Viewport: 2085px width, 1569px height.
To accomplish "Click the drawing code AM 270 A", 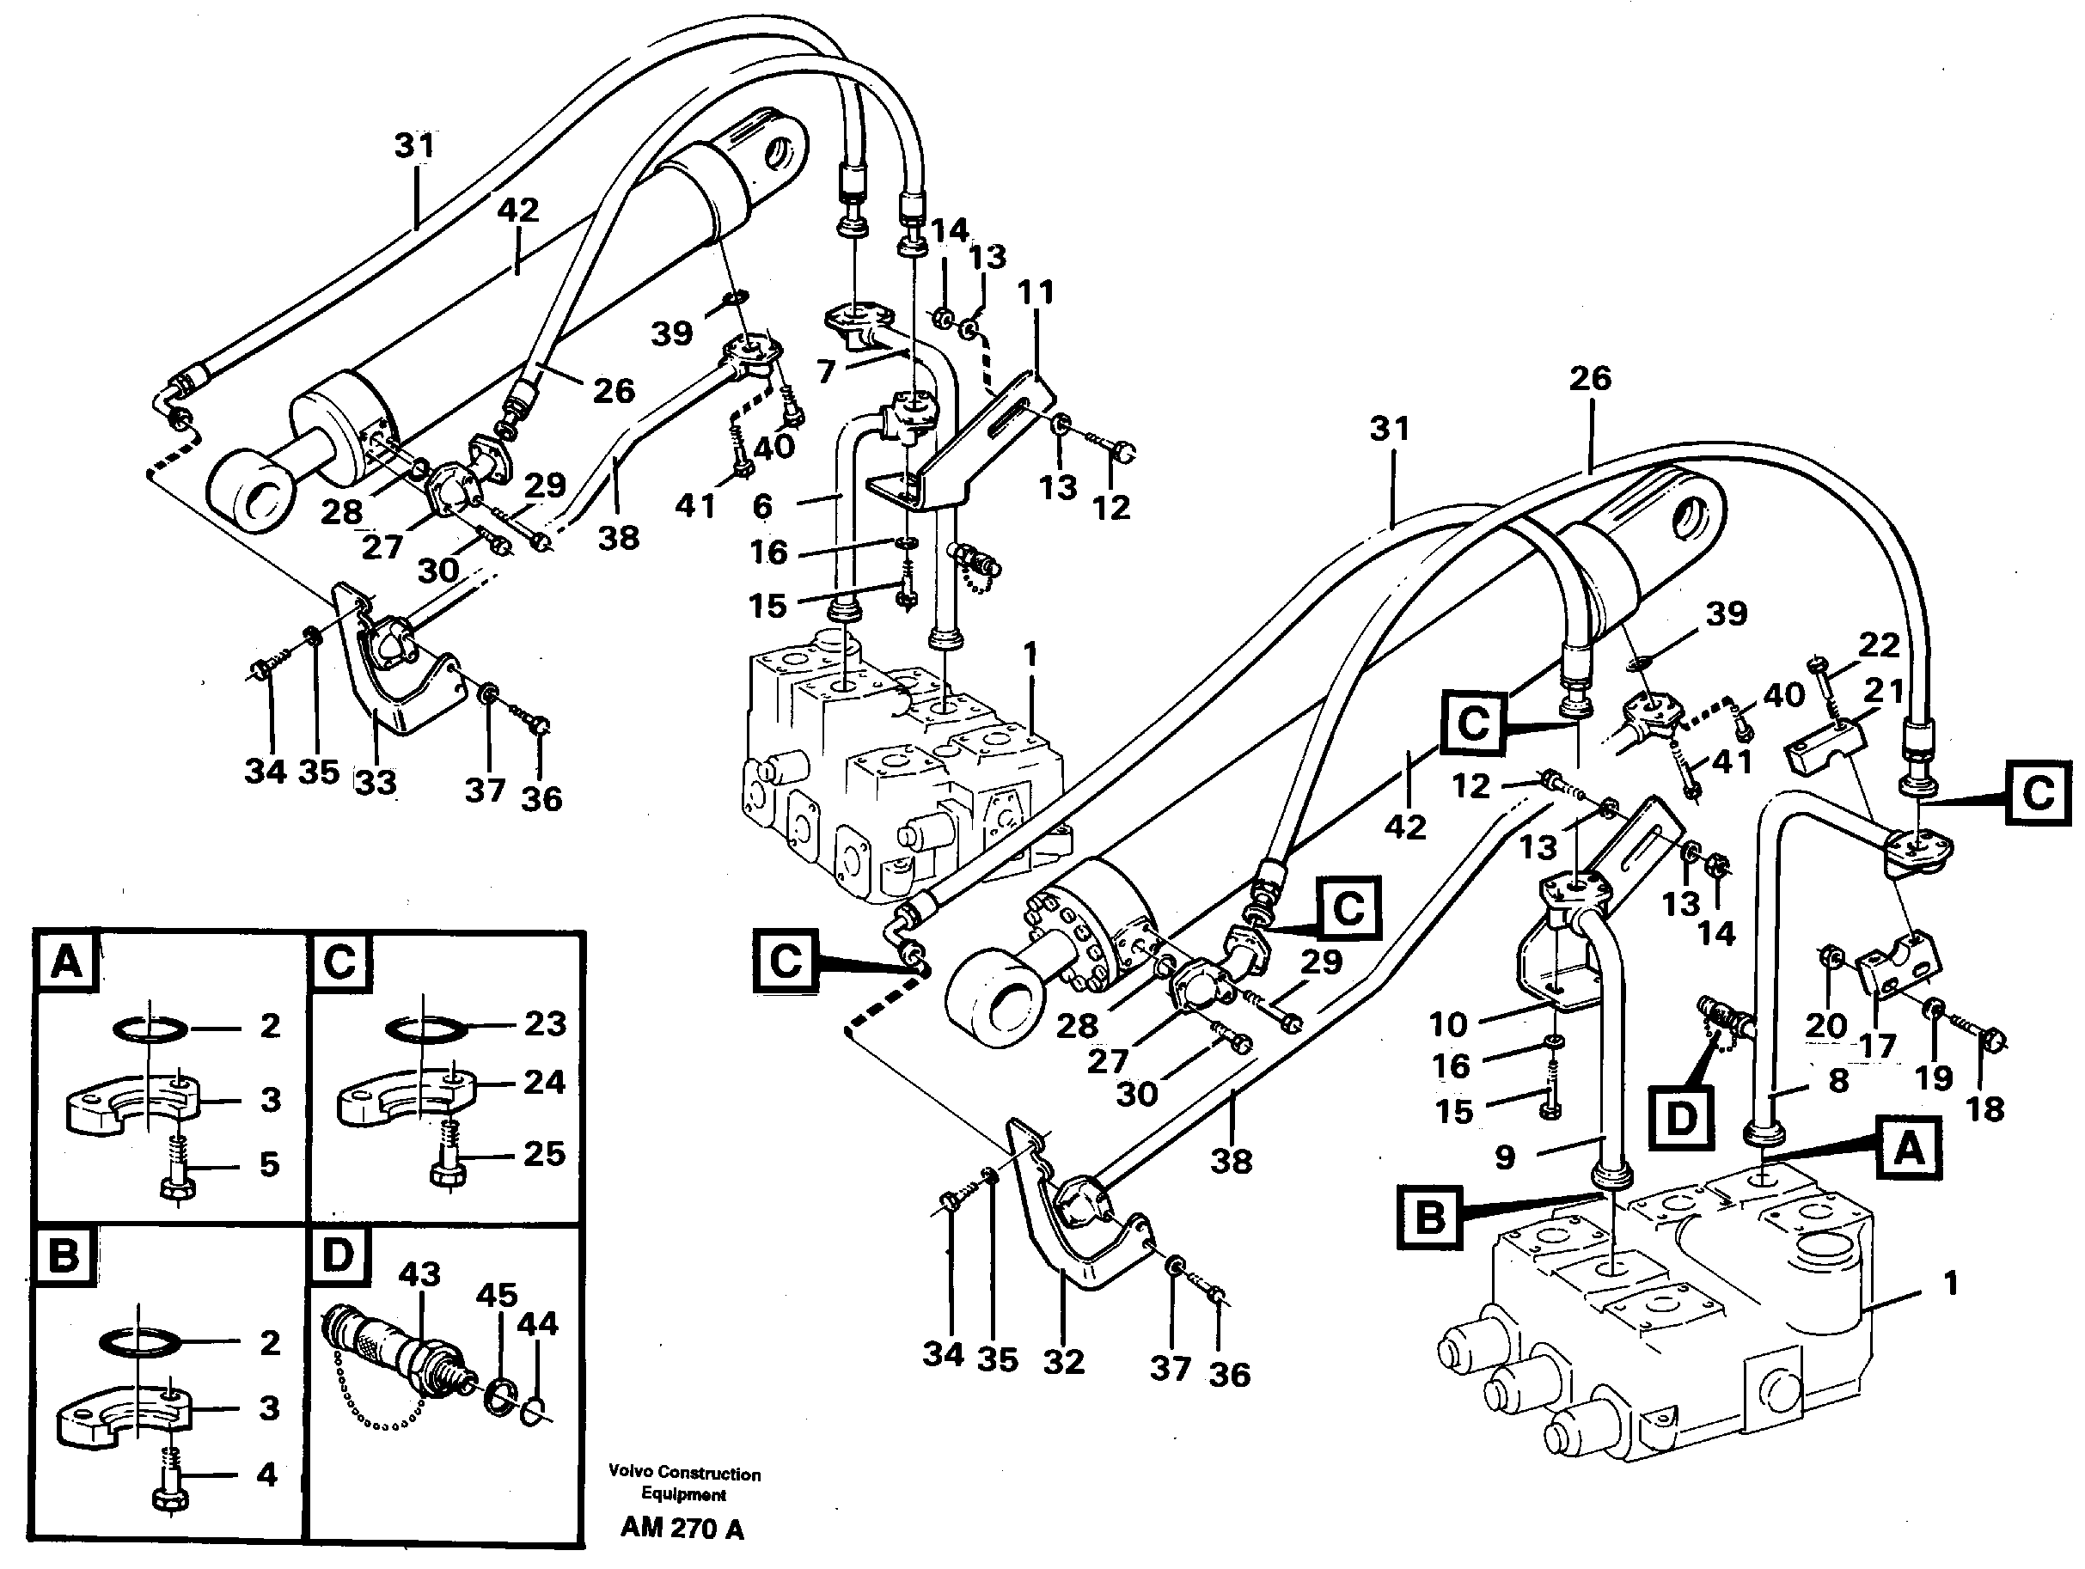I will coord(682,1529).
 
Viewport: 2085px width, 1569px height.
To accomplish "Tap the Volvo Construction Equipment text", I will coord(683,1483).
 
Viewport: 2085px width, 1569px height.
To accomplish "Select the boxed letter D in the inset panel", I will coord(338,1256).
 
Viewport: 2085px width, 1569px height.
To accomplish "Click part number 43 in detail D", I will coord(419,1274).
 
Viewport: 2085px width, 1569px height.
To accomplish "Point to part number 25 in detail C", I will coord(544,1153).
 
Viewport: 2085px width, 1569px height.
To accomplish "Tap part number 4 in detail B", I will coord(266,1474).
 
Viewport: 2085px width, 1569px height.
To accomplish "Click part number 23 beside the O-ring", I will coord(545,1023).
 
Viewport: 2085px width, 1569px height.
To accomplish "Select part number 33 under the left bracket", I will coord(376,781).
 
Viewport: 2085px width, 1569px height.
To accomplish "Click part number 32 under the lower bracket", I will coord(1063,1361).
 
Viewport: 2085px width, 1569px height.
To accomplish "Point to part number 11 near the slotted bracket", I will coord(1035,292).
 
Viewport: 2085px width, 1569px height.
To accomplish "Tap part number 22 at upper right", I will coord(1879,644).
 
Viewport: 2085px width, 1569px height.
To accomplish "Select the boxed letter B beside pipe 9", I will coord(1430,1218).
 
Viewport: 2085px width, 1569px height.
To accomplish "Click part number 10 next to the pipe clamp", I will coord(1448,1023).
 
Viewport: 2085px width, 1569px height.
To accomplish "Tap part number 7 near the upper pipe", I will coord(827,371).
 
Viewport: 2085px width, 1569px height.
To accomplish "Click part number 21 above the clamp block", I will coord(1884,691).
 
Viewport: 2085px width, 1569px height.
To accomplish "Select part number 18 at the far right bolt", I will coord(1985,1108).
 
